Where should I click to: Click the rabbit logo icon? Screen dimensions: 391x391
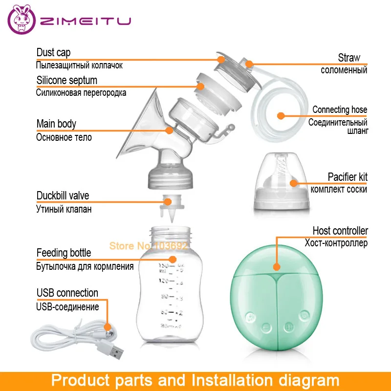point(21,22)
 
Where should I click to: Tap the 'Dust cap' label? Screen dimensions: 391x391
point(54,53)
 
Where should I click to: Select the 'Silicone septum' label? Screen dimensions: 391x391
point(66,80)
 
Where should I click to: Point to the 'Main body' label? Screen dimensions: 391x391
point(56,124)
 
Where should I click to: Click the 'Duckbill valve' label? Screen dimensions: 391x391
point(63,196)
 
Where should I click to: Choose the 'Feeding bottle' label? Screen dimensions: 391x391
point(64,253)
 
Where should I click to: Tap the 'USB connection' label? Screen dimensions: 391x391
point(67,293)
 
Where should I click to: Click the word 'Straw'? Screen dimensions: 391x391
point(349,58)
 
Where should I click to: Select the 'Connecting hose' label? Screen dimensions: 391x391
point(340,109)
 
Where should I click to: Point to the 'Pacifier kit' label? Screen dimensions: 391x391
point(348,176)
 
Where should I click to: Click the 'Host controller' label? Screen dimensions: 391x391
point(340,231)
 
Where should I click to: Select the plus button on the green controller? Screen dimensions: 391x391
point(288,326)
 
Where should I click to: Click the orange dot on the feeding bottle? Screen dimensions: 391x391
point(172,259)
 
